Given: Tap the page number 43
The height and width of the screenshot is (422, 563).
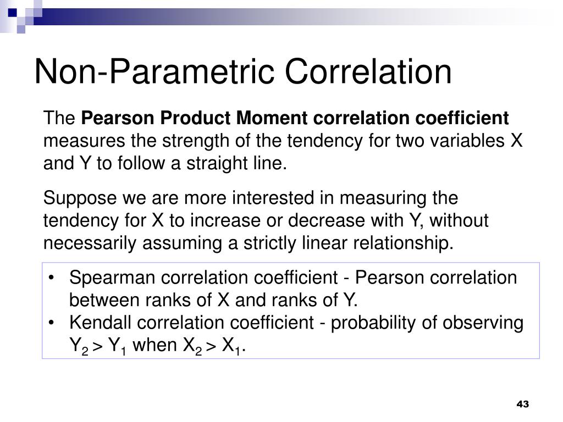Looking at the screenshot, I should point(522,404).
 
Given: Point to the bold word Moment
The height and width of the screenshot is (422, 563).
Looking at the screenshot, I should point(273,118).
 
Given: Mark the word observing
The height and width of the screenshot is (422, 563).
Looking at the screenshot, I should point(488,323).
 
